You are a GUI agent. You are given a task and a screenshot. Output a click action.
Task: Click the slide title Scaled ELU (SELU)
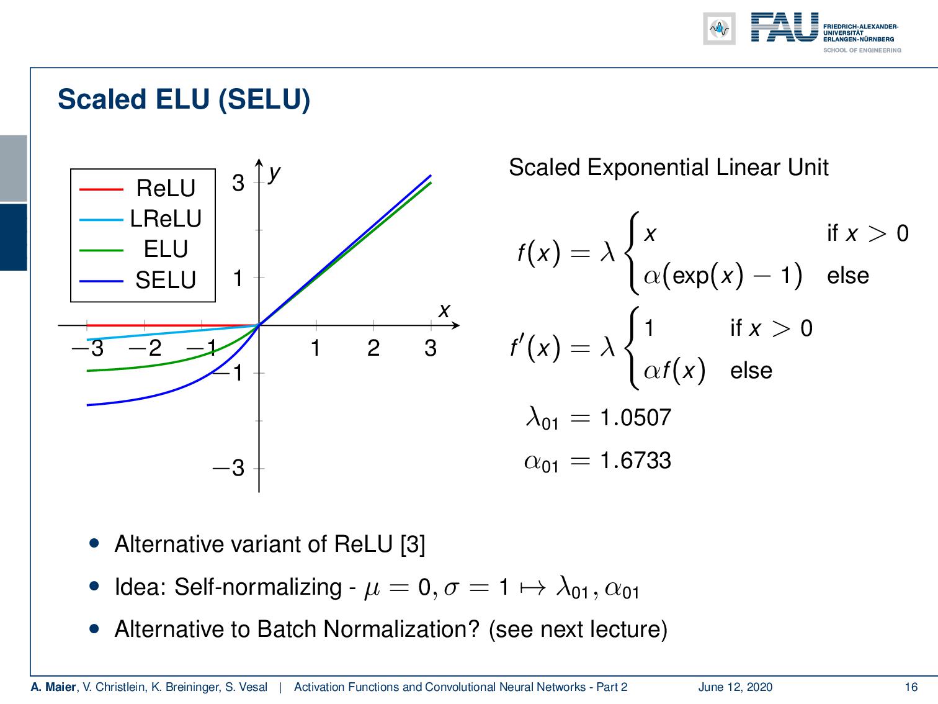184,100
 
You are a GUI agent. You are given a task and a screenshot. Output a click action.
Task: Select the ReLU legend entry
165,188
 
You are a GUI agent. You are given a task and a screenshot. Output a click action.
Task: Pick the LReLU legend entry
165,219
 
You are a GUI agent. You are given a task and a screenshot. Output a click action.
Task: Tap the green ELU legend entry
165,249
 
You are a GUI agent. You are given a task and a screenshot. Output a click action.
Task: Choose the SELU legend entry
165,280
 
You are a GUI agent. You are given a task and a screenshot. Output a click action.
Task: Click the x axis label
444,310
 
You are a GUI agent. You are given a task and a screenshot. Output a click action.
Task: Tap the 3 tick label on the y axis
238,183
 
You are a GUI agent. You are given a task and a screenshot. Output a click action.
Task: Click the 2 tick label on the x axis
373,348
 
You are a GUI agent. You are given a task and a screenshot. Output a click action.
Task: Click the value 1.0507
635,417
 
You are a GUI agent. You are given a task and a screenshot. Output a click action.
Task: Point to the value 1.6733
635,461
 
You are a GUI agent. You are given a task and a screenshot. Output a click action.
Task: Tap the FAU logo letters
784,28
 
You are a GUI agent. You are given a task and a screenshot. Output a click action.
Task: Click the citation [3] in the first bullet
413,544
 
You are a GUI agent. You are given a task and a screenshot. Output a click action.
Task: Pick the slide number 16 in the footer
911,687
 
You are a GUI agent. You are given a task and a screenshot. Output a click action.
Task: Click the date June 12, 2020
735,687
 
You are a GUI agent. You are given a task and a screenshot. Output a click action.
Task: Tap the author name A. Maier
53,687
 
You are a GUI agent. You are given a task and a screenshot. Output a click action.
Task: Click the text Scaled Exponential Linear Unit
668,168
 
